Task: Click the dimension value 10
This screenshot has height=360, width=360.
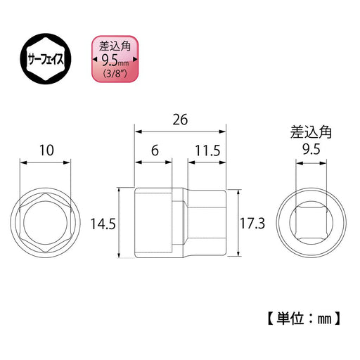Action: [46, 150]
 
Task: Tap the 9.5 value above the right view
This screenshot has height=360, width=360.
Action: [310, 149]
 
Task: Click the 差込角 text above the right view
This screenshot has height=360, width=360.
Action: [310, 131]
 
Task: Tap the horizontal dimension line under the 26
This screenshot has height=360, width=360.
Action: [181, 131]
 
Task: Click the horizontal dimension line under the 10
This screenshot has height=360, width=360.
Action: [46, 162]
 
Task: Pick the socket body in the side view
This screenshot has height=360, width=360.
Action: [181, 221]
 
